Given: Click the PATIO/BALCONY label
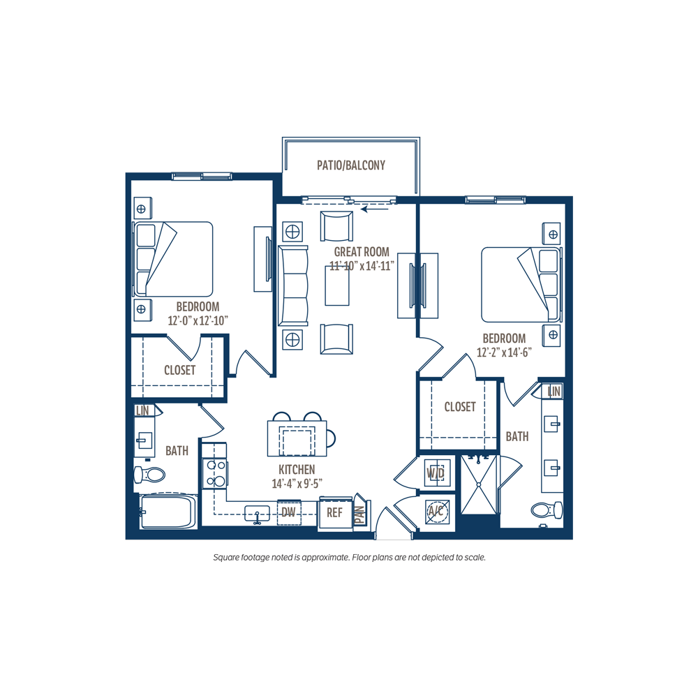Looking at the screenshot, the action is click(351, 165).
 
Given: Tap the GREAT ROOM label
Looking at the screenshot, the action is click(362, 251).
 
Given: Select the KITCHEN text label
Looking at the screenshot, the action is click(297, 469).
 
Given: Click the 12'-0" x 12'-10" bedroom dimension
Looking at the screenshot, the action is click(198, 320).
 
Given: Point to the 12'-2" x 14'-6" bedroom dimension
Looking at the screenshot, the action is click(504, 352).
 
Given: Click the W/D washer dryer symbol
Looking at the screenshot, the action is click(436, 473).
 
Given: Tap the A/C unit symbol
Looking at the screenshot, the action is click(436, 511).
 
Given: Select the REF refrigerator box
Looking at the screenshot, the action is click(335, 513).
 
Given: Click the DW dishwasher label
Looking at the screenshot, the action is click(288, 512).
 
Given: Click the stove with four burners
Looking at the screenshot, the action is click(215, 473).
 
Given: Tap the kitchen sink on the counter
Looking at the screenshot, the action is click(258, 513).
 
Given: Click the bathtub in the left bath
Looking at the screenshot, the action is click(168, 512).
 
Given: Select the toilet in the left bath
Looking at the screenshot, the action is click(149, 475).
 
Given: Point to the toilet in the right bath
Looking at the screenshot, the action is click(547, 510).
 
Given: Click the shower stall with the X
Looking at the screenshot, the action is click(479, 484).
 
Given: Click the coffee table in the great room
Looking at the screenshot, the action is click(337, 285).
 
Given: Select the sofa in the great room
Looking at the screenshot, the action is click(293, 285).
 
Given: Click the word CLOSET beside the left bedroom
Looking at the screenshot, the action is click(180, 370).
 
